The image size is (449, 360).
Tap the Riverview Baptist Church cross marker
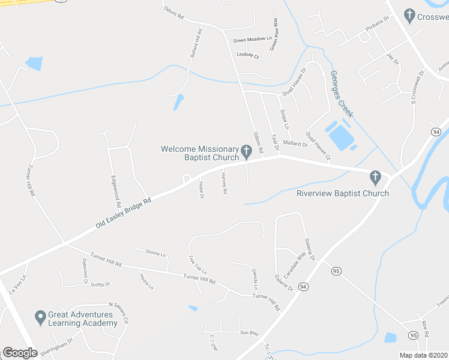click(375, 177)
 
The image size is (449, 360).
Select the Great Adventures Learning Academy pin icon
click(40, 316)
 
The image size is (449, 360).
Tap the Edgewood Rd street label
click(115, 191)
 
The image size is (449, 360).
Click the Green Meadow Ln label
click(252, 40)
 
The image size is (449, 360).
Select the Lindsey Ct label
click(248, 56)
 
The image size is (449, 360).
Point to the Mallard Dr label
click(295, 144)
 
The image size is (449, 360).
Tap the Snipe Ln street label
click(284, 119)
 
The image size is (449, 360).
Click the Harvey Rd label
click(224, 184)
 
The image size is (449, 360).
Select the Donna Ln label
click(154, 253)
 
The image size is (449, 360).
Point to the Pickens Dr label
click(378, 28)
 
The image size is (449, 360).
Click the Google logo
click(20, 353)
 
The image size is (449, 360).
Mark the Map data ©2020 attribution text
click(424, 355)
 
